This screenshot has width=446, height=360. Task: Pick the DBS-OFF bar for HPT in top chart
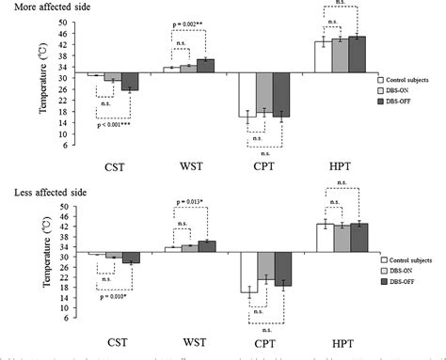(x=358, y=55)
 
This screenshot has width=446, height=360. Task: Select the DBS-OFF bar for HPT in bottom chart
(x=358, y=239)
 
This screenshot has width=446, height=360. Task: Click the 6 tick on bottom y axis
(x=64, y=326)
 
